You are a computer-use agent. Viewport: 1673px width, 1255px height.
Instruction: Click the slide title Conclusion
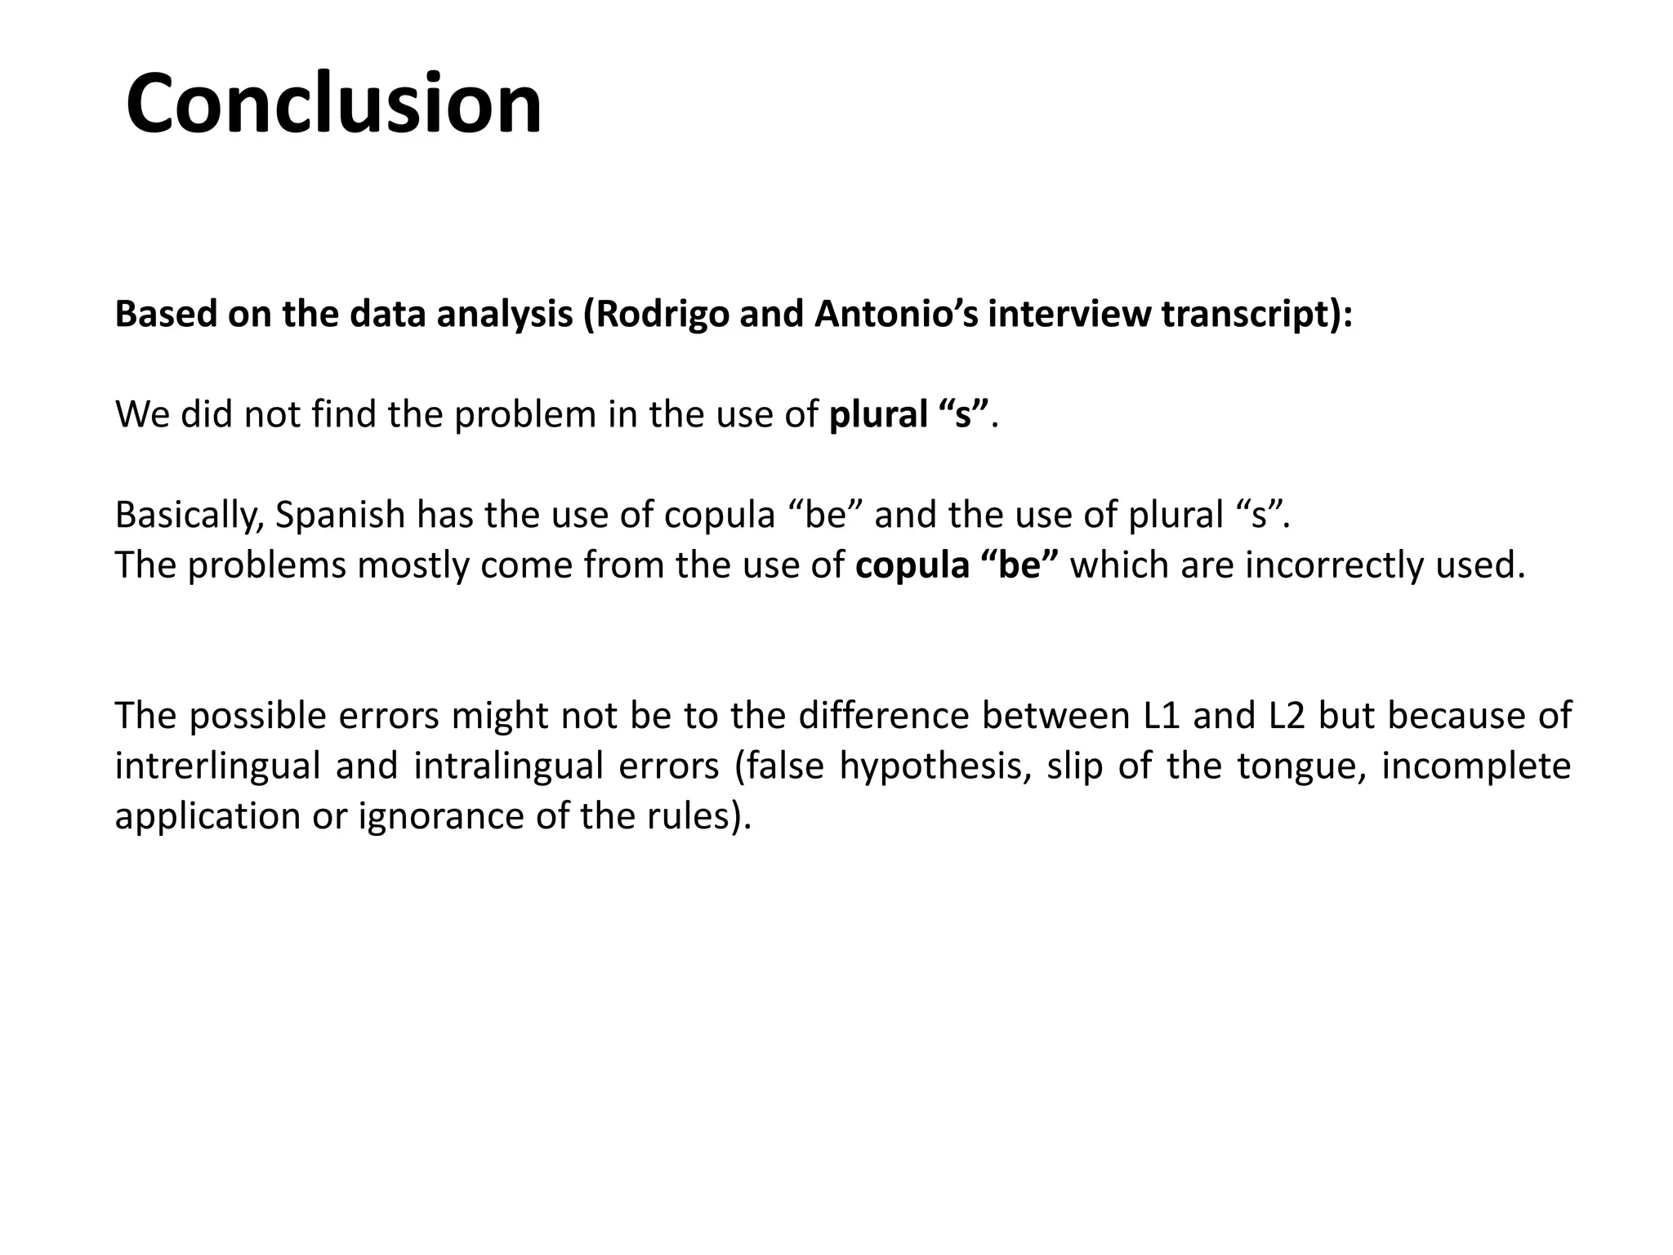tap(333, 105)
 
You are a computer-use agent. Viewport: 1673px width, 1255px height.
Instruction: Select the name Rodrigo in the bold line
tap(663, 315)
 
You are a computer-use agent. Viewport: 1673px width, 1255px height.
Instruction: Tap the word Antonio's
tap(896, 315)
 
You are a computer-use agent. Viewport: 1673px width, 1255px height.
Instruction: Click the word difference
tap(882, 716)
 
